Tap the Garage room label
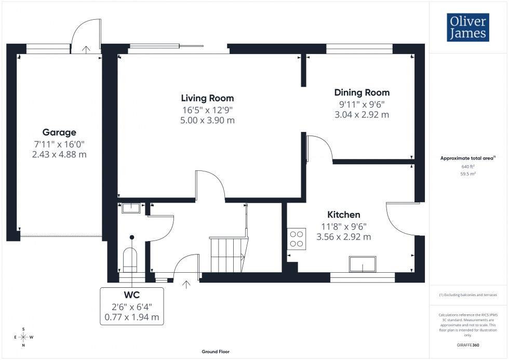tap(59, 132)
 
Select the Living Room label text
tap(207, 98)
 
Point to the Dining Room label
tap(361, 93)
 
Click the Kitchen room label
tap(343, 215)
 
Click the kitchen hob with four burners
tap(297, 238)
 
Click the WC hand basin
tap(131, 208)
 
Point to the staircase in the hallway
tap(227, 254)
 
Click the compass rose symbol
tap(23, 337)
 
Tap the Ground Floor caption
tap(216, 352)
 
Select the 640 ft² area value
tap(468, 167)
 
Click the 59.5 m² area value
tap(468, 174)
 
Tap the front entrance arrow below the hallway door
tap(186, 284)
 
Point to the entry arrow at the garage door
tap(86, 49)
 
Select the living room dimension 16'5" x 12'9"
tap(207, 110)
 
